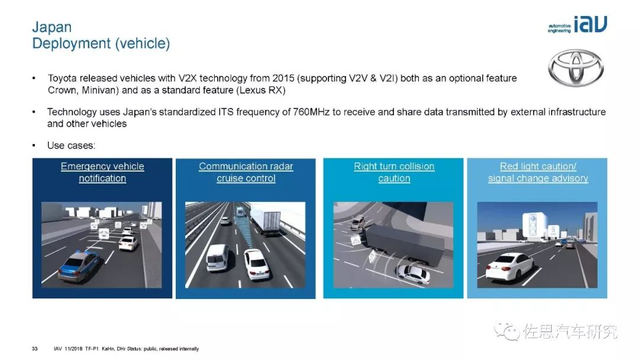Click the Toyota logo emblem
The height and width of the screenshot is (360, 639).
pos(576,67)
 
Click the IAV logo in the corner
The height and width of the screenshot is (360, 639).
pos(577,24)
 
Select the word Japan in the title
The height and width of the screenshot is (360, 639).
pos(51,27)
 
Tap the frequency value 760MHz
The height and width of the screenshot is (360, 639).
pos(311,112)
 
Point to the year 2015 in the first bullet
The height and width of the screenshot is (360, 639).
pos(283,78)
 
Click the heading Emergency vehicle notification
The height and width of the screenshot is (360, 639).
pos(102,172)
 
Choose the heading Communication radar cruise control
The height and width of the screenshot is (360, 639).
pos(246,172)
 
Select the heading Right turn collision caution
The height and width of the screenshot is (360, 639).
pos(393,172)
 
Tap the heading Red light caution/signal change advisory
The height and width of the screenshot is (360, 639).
pos(538,172)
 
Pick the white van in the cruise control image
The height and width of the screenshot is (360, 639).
pos(217,257)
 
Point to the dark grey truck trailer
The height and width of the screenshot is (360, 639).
pos(403,243)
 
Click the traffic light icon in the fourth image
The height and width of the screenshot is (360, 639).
pos(532,224)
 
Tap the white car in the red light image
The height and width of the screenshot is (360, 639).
pos(509,266)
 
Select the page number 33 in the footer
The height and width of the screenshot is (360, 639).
pos(35,349)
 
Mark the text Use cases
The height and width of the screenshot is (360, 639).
pos(71,146)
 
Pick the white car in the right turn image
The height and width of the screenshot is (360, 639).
pos(413,274)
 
